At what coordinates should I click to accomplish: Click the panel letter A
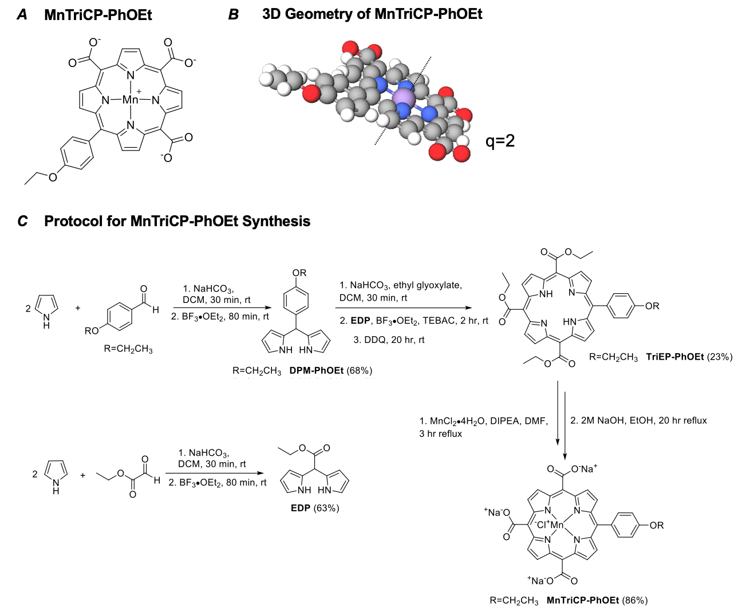point(22,14)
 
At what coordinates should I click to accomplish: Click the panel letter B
point(233,14)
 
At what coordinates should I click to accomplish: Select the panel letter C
point(22,221)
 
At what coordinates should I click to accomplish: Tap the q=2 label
point(500,140)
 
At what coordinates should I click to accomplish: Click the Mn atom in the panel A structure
point(131,100)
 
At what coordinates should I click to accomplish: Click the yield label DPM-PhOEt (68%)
point(330,370)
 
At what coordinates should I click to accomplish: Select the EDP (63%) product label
point(314,507)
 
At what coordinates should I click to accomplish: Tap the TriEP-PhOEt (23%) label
point(689,357)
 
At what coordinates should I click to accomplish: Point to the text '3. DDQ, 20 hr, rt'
point(389,340)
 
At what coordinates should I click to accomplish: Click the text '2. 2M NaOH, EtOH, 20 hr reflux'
point(638,420)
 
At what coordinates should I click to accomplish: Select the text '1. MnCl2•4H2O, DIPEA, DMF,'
point(483,421)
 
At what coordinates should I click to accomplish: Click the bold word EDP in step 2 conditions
point(360,321)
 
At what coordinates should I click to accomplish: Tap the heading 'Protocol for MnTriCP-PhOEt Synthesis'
point(177,221)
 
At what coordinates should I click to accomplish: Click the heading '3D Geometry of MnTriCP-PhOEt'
point(372,14)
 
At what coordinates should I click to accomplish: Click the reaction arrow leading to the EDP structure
point(216,474)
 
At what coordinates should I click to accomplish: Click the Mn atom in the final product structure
point(557,525)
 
